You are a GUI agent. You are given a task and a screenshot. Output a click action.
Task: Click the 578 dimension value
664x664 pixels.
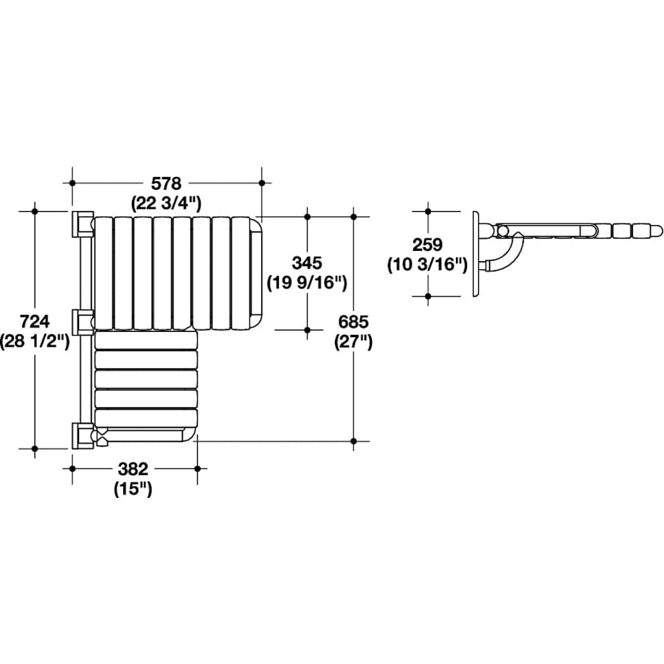pyautogui.click(x=166, y=183)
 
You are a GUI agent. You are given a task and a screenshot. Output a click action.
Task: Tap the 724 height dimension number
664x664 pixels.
pyautogui.click(x=35, y=322)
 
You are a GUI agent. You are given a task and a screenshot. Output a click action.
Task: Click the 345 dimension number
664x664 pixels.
pyautogui.click(x=306, y=263)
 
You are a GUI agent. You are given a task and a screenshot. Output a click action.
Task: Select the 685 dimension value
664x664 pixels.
pyautogui.click(x=353, y=322)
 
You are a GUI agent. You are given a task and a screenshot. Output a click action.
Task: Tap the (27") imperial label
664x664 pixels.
pyautogui.click(x=353, y=341)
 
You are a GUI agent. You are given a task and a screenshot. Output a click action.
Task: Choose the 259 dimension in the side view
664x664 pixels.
pyautogui.click(x=426, y=244)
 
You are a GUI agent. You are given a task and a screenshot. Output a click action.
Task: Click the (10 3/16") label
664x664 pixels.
pyautogui.click(x=427, y=263)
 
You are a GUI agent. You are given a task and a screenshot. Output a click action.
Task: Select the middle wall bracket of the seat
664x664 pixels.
pyautogui.click(x=80, y=322)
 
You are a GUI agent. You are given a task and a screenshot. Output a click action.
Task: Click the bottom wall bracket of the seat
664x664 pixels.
pyautogui.click(x=80, y=435)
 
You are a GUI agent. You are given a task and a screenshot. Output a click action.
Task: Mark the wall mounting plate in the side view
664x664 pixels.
pyautogui.click(x=476, y=254)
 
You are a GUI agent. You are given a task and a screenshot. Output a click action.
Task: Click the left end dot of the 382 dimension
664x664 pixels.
pyautogui.click(x=72, y=468)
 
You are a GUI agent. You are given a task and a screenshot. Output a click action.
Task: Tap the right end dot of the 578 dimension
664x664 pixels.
pyautogui.click(x=262, y=183)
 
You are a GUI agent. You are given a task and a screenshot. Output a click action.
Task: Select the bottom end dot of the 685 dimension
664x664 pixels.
pyautogui.click(x=354, y=440)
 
